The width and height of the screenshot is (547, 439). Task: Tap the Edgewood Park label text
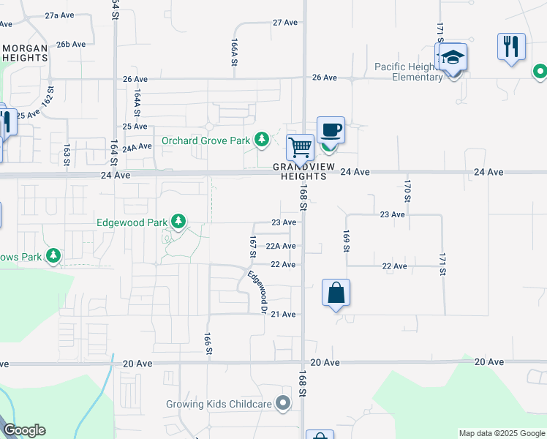(x=132, y=222)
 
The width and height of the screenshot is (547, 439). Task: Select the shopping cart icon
(x=300, y=147)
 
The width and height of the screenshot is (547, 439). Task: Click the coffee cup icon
(x=330, y=130)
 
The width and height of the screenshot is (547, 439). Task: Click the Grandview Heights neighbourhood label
(x=299, y=172)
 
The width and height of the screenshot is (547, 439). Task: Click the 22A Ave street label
(x=280, y=247)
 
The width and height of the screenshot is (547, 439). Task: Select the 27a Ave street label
(x=59, y=15)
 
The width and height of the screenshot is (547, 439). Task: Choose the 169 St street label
(x=346, y=241)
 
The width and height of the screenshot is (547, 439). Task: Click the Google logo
(x=24, y=430)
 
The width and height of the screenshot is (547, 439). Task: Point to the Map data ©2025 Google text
(x=502, y=433)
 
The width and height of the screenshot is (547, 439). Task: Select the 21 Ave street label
(x=283, y=315)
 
